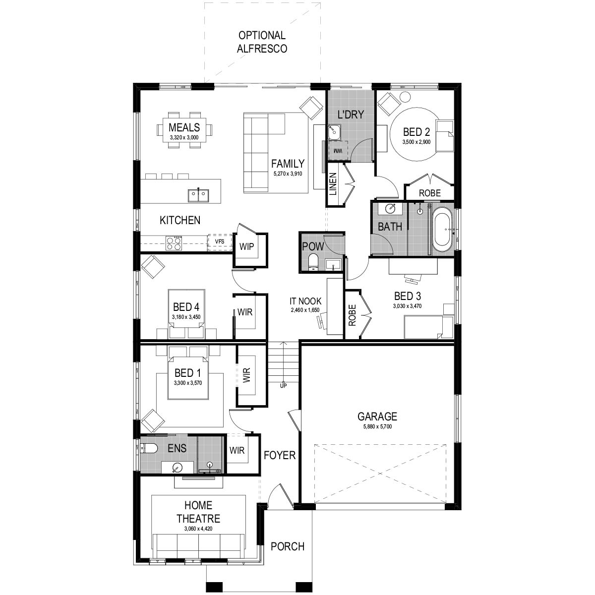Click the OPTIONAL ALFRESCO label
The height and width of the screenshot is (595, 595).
pyautogui.click(x=262, y=42)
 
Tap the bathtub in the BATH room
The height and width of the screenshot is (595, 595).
pyautogui.click(x=441, y=231)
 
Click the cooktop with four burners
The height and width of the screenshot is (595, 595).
pyautogui.click(x=174, y=243)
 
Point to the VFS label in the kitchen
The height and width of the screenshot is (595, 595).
pyautogui.click(x=219, y=241)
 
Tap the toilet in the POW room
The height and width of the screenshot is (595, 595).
pyautogui.click(x=313, y=261)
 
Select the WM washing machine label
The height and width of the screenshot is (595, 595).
pyautogui.click(x=338, y=150)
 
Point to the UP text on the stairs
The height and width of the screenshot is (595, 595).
pyautogui.click(x=284, y=385)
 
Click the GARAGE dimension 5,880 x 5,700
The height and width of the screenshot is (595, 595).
pyautogui.click(x=377, y=427)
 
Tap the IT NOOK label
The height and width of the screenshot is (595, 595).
pyautogui.click(x=305, y=301)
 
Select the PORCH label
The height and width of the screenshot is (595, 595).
pyautogui.click(x=288, y=546)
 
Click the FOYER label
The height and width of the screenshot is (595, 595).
pyautogui.click(x=279, y=455)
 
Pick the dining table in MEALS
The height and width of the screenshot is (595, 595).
pyautogui.click(x=184, y=130)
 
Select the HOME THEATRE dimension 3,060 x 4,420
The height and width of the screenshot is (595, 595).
pyautogui.click(x=198, y=530)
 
